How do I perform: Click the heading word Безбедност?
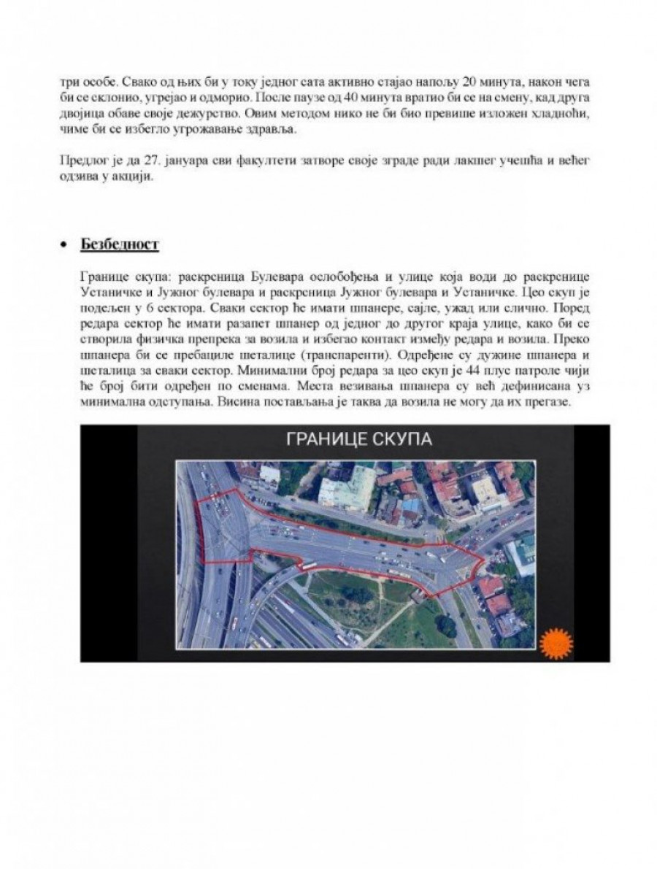120,244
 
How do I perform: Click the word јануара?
171,162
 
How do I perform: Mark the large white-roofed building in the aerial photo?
347,488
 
